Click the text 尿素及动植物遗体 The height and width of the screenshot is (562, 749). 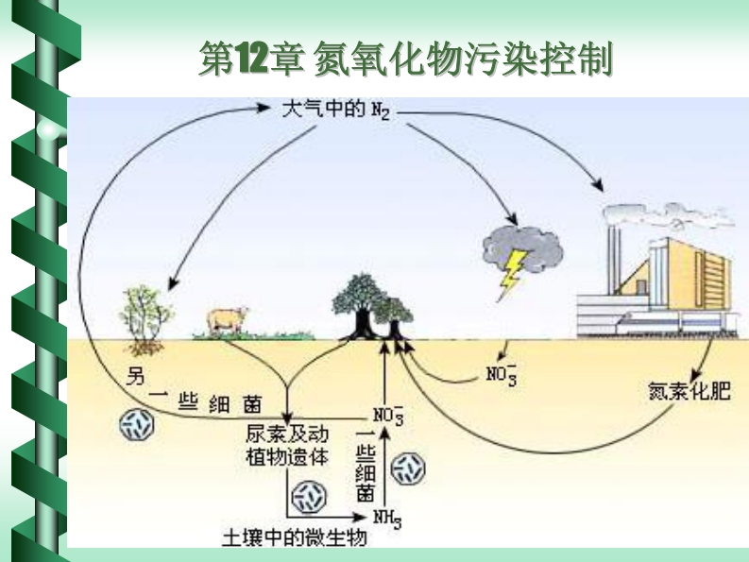pyautogui.click(x=284, y=446)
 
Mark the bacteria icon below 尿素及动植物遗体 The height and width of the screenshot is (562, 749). pyautogui.click(x=310, y=496)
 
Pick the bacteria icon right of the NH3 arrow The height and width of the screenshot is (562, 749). pyautogui.click(x=409, y=467)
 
